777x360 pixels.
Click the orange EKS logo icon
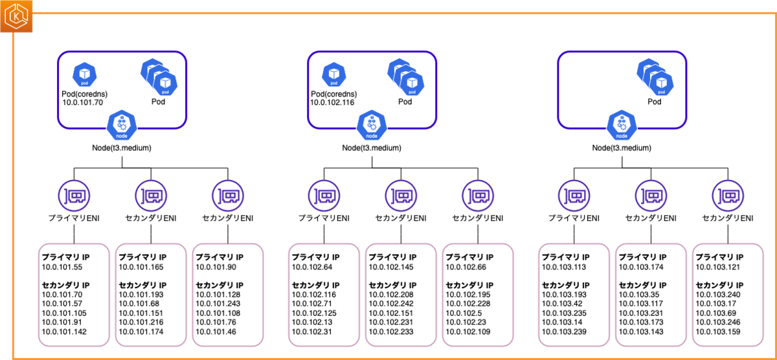click(x=16, y=16)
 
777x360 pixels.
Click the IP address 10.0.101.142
click(x=64, y=332)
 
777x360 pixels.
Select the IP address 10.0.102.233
click(x=391, y=332)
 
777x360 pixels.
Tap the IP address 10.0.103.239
click(x=564, y=332)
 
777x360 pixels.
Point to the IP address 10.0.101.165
click(x=141, y=267)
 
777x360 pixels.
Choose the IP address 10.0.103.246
click(x=718, y=322)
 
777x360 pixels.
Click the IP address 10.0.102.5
click(x=464, y=313)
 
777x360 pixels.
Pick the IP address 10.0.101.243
click(x=218, y=304)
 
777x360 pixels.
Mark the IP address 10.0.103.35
click(x=639, y=295)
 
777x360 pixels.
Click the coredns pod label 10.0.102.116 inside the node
click(x=332, y=102)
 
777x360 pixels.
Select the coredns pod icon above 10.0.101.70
click(x=85, y=74)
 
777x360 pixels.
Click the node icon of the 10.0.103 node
click(x=622, y=125)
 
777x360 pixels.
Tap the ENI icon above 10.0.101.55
click(x=74, y=196)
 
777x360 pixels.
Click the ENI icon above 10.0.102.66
click(x=478, y=196)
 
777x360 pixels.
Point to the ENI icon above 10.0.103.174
click(x=651, y=196)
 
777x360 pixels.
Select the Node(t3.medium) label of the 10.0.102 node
click(x=372, y=148)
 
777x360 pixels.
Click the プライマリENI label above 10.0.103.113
click(x=574, y=218)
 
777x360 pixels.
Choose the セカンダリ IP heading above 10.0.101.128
click(x=220, y=285)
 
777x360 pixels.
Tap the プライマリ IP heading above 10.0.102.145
click(x=392, y=257)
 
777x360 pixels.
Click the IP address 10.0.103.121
click(x=717, y=267)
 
